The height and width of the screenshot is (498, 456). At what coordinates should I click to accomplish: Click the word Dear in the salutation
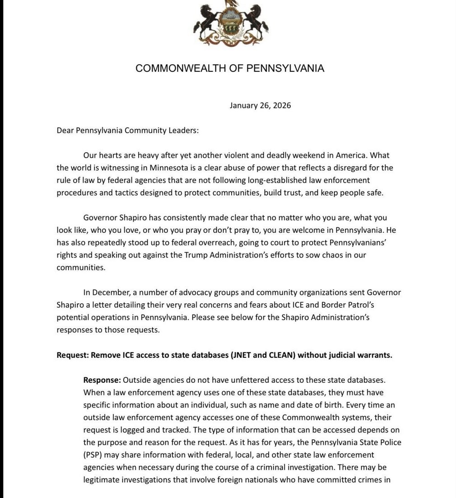pyautogui.click(x=65, y=131)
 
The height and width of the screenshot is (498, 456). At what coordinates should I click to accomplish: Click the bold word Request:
pyautogui.click(x=73, y=355)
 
